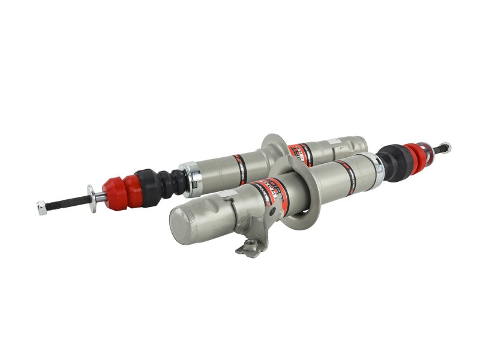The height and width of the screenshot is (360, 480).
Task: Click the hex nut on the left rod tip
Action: pos(41,208)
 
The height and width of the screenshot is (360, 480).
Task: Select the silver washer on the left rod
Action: pos(92,198)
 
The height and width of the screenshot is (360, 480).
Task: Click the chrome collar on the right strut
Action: pos(377,167)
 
